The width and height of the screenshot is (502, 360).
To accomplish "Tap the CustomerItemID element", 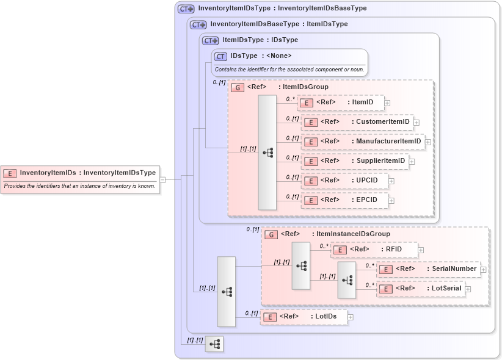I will (x=357, y=122).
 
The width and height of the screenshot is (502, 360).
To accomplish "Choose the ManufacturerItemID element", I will (x=363, y=142).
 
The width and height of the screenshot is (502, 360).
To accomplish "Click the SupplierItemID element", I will (x=355, y=161).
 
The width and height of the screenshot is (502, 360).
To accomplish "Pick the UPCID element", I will (x=344, y=181).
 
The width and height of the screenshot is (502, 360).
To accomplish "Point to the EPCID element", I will (x=344, y=200).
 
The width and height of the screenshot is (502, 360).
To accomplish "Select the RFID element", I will (x=374, y=249).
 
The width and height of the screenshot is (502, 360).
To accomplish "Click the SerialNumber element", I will (x=428, y=268).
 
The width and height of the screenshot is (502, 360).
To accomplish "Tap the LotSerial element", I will (x=421, y=289).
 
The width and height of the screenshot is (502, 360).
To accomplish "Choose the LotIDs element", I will (x=304, y=317).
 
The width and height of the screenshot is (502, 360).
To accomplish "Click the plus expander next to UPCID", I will (x=391, y=181).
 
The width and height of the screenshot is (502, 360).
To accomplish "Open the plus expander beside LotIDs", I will (x=351, y=317).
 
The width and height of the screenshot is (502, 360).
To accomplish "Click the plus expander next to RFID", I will (x=421, y=250).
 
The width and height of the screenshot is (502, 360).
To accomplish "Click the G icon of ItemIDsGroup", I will (x=238, y=87).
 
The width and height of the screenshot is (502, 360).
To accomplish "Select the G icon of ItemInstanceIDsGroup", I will (x=271, y=234).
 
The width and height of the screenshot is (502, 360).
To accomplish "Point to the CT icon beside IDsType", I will (x=221, y=56).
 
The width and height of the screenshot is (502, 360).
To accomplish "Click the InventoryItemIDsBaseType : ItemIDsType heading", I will (x=278, y=24).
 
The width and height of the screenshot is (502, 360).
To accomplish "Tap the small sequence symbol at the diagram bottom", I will (x=214, y=345).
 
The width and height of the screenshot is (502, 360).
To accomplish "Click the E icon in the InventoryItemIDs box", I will (x=10, y=173).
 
